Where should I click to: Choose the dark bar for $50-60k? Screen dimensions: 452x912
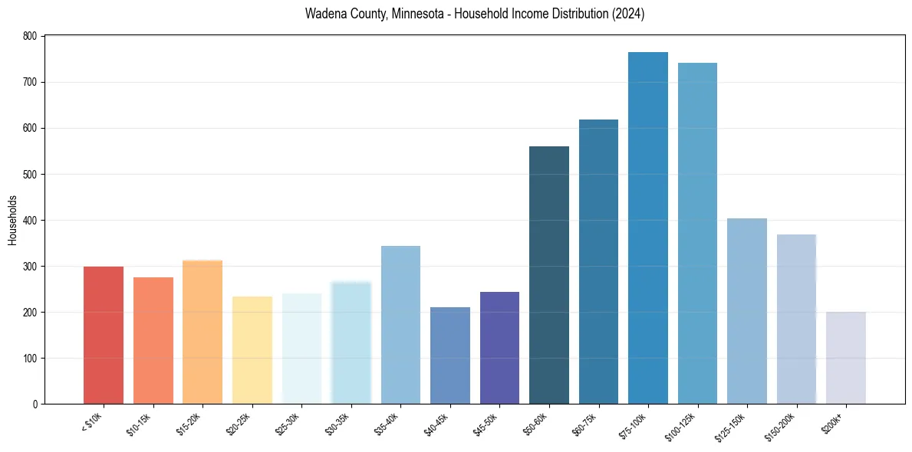[x=549, y=275]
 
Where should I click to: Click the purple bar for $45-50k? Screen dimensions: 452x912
[x=499, y=348]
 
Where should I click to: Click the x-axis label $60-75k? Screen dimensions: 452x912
[x=588, y=423]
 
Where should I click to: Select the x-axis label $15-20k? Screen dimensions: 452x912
[x=191, y=423]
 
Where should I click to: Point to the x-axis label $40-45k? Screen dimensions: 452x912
[x=439, y=423]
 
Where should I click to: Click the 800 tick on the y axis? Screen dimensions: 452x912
[x=30, y=36]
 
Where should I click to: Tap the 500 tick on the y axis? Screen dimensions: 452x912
[x=30, y=174]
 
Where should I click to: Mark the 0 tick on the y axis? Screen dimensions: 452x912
[x=35, y=404]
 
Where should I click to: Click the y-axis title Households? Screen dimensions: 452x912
[x=13, y=220]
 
